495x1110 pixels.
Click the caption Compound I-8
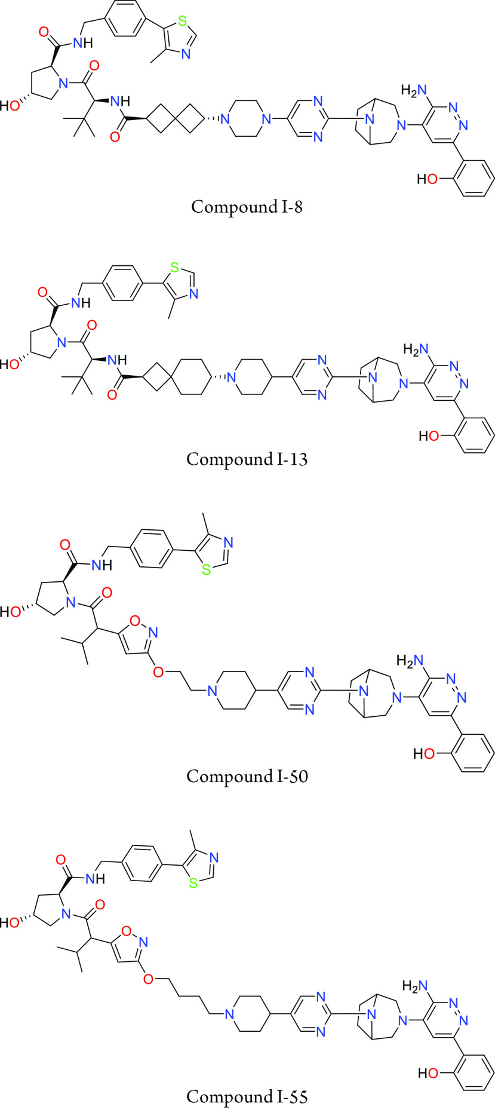coord(247,207)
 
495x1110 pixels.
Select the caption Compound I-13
coord(247,459)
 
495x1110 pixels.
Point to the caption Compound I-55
coord(247,1096)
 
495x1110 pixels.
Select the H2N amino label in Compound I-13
coord(416,348)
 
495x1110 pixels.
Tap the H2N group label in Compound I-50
coord(410,661)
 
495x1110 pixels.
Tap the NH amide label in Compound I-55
coord(95,878)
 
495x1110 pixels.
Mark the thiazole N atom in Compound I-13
coord(192,294)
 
